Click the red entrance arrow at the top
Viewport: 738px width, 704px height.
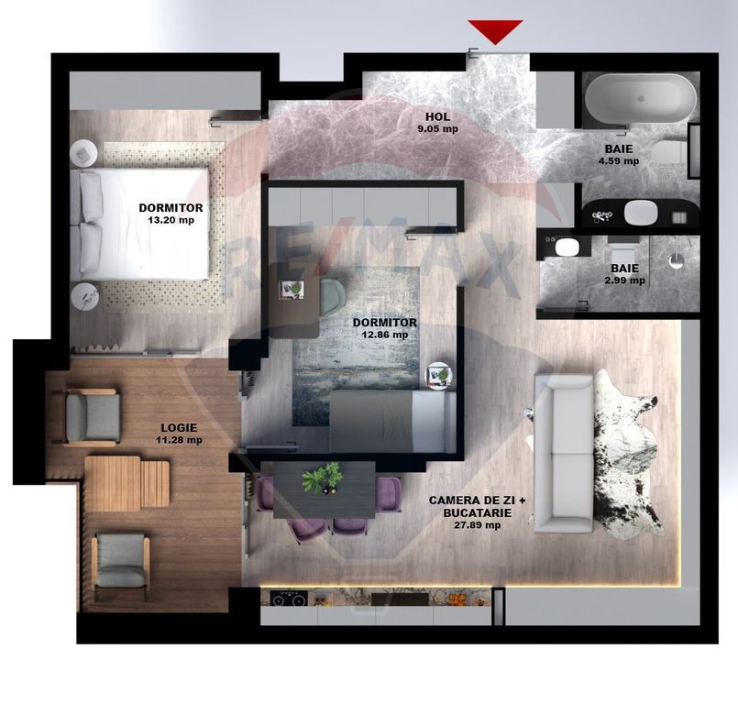click(495, 30)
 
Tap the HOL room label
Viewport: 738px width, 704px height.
click(437, 116)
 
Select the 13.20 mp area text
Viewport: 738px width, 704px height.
click(173, 220)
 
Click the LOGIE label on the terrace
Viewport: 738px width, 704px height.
click(179, 427)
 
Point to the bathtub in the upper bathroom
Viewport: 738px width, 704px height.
click(641, 98)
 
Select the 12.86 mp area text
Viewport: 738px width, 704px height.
click(385, 335)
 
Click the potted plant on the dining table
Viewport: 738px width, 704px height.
click(322, 478)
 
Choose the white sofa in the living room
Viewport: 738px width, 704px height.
click(563, 454)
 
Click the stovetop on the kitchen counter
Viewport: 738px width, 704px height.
click(289, 599)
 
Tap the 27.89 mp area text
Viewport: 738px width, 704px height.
click(479, 525)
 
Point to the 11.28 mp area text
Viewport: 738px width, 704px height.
click(179, 440)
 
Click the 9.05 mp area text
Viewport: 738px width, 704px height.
click(437, 129)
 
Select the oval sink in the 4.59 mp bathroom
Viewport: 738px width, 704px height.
click(640, 212)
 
